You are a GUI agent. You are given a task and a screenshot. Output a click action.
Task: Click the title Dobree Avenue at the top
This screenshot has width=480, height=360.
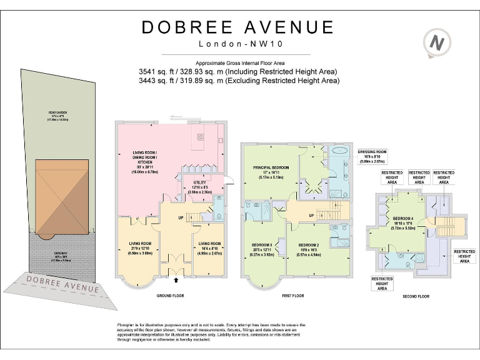(237, 27)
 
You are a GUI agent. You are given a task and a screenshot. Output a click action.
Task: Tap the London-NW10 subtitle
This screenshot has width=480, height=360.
(237, 44)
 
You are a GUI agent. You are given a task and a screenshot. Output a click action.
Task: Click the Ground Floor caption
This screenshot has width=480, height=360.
(169, 295)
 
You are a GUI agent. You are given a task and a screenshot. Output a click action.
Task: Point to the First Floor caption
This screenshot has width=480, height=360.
(292, 295)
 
